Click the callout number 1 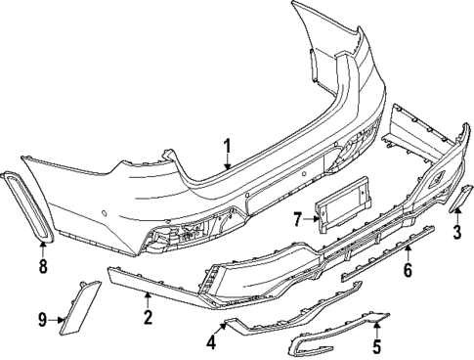coord(226,148)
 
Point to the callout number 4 coord(210,342)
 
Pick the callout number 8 coord(43,265)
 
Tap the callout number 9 coord(43,318)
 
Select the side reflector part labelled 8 coord(27,206)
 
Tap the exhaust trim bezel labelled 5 coord(337,337)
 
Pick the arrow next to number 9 coord(56,317)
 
